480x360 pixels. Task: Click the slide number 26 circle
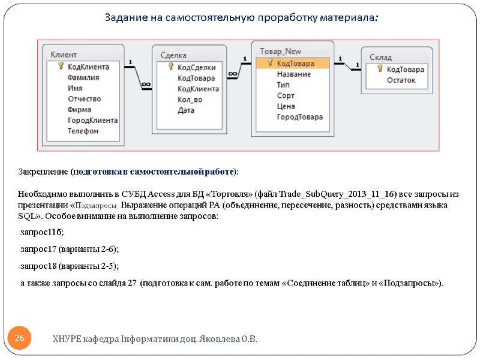tap(19, 340)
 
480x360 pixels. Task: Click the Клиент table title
tap(63, 55)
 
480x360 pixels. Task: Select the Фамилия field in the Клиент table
tap(83, 77)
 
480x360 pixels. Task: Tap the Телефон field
tap(83, 131)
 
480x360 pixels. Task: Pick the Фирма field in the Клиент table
tap(79, 110)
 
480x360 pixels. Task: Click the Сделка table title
tap(173, 56)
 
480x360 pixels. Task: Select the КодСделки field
tap(196, 67)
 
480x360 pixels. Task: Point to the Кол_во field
tap(190, 100)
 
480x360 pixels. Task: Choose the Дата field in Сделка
tap(186, 110)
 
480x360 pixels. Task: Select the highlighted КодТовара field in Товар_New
tap(295, 63)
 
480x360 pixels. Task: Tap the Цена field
tap(286, 106)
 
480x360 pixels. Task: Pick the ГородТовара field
tap(299, 117)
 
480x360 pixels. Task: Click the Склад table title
tap(380, 58)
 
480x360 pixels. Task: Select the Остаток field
tap(401, 80)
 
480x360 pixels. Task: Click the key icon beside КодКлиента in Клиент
tap(60, 67)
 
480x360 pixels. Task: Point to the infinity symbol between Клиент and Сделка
tap(145, 85)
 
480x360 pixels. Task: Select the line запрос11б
tap(41, 232)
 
